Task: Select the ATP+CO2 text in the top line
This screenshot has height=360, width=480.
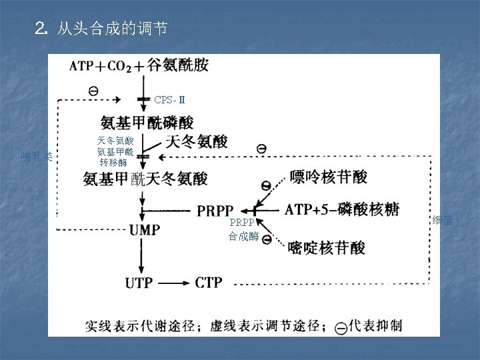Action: click(100, 66)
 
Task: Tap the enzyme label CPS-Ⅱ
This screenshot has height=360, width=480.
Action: click(169, 100)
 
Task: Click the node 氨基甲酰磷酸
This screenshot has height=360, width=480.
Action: click(147, 122)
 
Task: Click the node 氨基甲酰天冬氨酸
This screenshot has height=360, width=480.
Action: click(145, 179)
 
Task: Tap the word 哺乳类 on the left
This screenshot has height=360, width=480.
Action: click(36, 157)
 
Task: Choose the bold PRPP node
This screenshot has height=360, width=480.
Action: click(215, 211)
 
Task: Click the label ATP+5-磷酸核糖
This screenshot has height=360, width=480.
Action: click(341, 209)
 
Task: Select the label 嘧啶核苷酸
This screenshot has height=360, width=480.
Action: click(327, 248)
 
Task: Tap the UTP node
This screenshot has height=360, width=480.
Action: click(143, 282)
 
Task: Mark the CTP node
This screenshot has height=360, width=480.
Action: click(209, 282)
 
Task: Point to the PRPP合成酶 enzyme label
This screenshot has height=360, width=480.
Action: click(243, 229)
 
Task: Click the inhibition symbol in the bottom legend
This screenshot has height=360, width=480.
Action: click(341, 327)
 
